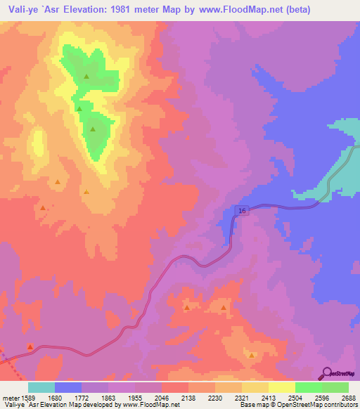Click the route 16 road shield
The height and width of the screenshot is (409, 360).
click(x=242, y=211)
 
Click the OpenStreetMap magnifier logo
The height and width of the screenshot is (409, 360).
click(x=326, y=374)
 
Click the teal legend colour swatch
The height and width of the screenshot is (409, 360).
click(x=41, y=387)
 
